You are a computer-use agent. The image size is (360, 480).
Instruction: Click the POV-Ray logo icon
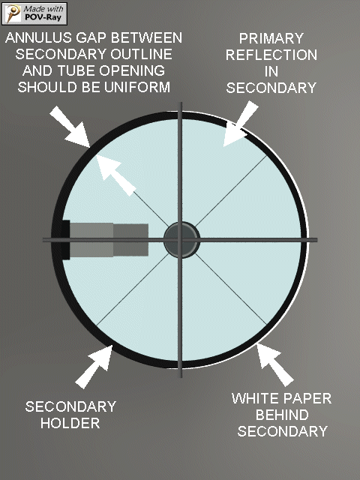point(12,13)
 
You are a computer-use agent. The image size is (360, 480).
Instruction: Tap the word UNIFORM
point(137,87)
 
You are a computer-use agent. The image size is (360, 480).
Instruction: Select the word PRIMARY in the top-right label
point(271,38)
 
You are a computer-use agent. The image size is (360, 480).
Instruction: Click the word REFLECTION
point(271,55)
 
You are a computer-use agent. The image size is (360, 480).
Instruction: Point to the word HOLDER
point(70,423)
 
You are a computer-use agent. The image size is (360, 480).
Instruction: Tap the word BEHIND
point(282,415)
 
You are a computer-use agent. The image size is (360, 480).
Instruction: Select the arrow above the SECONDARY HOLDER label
point(94,366)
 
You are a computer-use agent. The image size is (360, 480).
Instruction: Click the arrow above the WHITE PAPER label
point(274,364)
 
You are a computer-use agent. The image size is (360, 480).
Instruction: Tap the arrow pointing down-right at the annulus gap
point(70,127)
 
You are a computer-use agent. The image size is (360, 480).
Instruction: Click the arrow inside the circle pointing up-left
point(115,175)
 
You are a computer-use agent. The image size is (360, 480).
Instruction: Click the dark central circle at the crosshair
point(181,240)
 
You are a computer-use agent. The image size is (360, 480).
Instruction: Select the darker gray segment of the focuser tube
point(130,240)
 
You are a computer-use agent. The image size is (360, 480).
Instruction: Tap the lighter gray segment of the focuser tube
point(91,240)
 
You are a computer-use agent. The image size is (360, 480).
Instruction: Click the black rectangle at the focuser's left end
point(65,240)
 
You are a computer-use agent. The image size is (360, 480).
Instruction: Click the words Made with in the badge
point(43,9)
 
